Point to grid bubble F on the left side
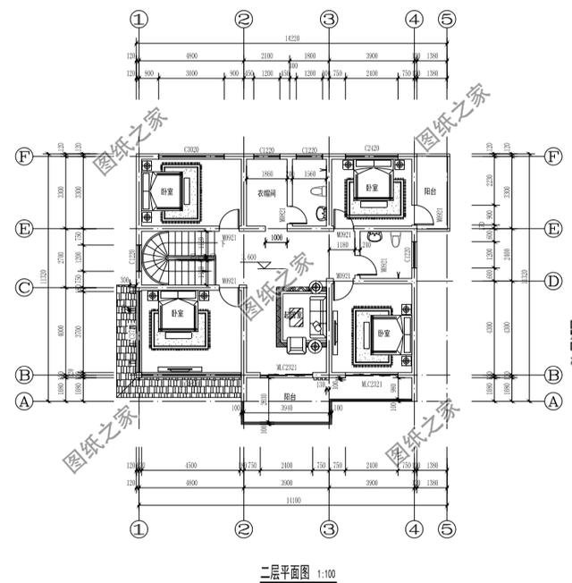(24, 156)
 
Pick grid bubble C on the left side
(24, 288)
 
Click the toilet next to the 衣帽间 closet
(319, 212)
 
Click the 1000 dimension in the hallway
(277, 238)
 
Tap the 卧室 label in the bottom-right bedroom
(384, 333)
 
